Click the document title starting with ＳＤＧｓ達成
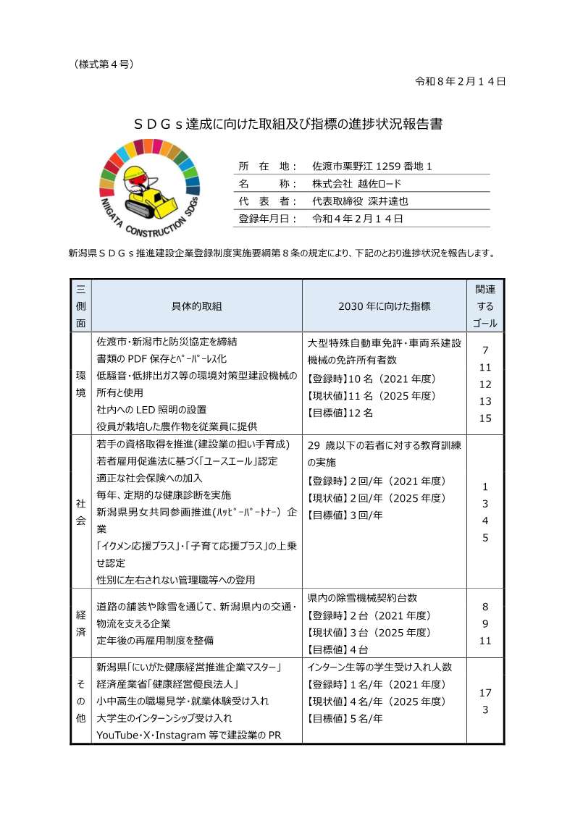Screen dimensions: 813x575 coord(288,124)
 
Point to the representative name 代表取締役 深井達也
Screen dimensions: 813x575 coord(361,201)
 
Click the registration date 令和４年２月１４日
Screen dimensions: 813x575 coord(357,218)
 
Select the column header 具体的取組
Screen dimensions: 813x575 coord(196,306)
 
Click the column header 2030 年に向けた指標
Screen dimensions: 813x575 coord(384,306)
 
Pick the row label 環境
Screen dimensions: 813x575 coord(80,384)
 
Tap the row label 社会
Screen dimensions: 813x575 coord(80,511)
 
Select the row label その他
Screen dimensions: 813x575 coord(80,700)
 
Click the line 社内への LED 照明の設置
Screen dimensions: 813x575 coord(151,410)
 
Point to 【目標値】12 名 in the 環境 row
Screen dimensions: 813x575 coord(340,413)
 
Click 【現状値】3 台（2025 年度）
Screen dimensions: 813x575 coord(369,632)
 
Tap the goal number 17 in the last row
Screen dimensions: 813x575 coord(485,692)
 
